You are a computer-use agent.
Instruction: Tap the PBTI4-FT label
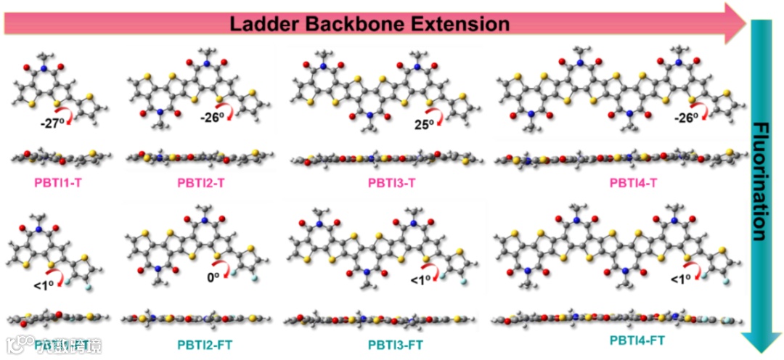click(x=637, y=339)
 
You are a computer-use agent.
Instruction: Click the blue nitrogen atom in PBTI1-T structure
click(x=43, y=67)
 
